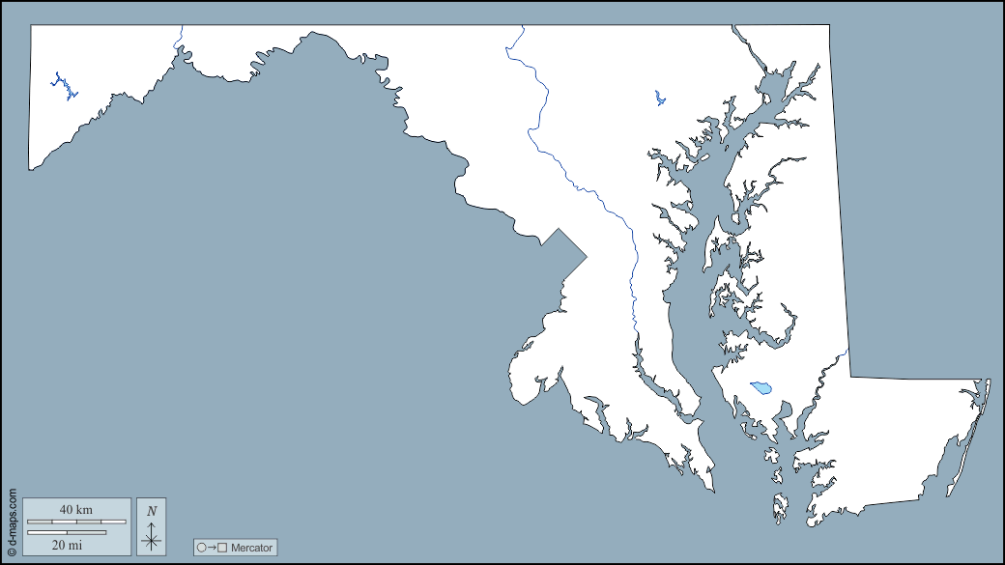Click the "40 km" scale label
click(x=76, y=509)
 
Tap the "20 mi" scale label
click(x=67, y=545)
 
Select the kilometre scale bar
click(x=76, y=522)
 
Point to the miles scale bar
click(x=67, y=532)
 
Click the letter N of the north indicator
click(x=152, y=510)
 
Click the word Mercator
click(x=252, y=548)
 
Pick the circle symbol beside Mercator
click(x=202, y=548)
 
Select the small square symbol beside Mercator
click(x=222, y=548)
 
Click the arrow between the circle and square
click(x=212, y=548)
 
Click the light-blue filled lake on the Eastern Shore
click(x=761, y=387)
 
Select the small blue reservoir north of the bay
click(x=659, y=98)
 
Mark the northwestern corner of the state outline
click(x=31, y=25)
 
